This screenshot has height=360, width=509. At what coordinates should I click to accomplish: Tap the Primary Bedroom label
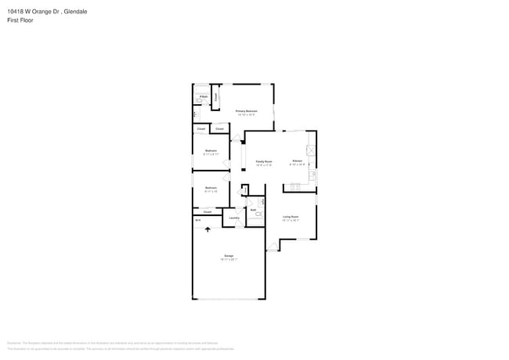click(247, 111)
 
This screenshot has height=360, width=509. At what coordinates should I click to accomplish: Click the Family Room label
click(263, 161)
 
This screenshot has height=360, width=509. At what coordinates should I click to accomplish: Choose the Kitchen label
click(298, 161)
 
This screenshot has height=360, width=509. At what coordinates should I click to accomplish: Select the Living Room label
click(291, 217)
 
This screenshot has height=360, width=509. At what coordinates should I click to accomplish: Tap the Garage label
click(229, 256)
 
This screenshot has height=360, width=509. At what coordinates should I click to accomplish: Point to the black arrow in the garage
click(208, 229)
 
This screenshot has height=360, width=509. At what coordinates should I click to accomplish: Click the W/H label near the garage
click(198, 221)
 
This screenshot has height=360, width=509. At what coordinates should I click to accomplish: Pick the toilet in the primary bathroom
click(200, 102)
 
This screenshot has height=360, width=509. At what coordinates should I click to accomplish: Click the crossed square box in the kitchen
click(310, 150)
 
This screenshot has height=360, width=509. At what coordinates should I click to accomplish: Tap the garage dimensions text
click(229, 260)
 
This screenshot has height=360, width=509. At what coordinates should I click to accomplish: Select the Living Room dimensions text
click(291, 221)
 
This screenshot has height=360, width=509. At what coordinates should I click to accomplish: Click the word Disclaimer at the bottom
click(13, 343)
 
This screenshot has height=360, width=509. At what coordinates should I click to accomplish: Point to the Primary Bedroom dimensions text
click(247, 115)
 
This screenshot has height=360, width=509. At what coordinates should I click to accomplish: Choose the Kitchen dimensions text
click(298, 165)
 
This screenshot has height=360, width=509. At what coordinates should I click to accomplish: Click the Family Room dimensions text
click(263, 165)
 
